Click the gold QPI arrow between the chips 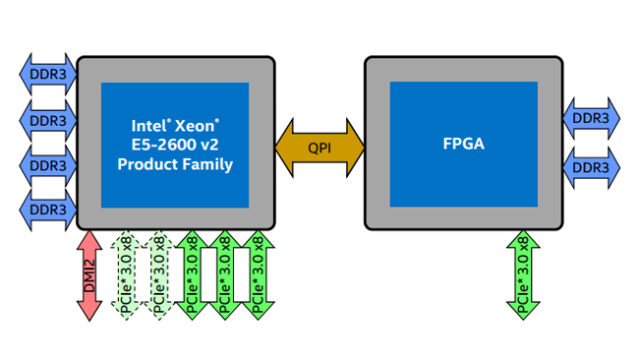(x=319, y=149)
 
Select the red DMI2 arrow (x=89, y=275)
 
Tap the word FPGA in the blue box (x=463, y=145)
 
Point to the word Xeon (x=197, y=126)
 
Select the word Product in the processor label (x=147, y=164)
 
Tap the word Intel (x=150, y=126)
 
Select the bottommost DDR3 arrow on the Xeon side (x=47, y=210)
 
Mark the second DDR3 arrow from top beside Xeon (x=47, y=120)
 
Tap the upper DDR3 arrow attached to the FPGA (x=591, y=118)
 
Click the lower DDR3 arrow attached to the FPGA (x=591, y=167)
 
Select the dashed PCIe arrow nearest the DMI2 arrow (x=125, y=275)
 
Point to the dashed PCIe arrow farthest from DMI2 (x=157, y=275)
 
